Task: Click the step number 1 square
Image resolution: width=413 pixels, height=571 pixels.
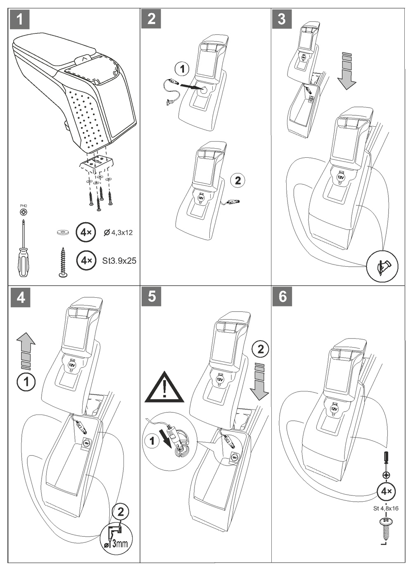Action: click(x=20, y=19)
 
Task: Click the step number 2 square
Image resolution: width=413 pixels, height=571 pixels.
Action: click(x=151, y=19)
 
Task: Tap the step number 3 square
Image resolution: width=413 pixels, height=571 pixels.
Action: click(x=282, y=19)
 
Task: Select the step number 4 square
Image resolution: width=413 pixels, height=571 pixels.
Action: click(x=20, y=297)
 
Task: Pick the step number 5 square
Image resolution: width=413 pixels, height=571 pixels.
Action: click(x=151, y=296)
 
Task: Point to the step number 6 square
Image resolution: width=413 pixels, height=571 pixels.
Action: click(x=282, y=296)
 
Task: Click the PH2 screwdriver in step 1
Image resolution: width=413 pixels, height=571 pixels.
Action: click(x=23, y=248)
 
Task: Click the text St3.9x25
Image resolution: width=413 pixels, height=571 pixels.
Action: click(x=119, y=261)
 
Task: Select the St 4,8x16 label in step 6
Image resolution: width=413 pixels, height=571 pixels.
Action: click(x=386, y=509)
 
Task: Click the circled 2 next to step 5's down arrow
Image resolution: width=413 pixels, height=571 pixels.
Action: click(x=260, y=349)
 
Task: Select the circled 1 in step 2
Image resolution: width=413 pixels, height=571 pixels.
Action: click(x=183, y=69)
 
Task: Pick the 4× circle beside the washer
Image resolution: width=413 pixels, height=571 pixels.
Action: click(x=86, y=232)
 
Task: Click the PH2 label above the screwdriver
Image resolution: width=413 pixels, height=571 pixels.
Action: click(x=24, y=205)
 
